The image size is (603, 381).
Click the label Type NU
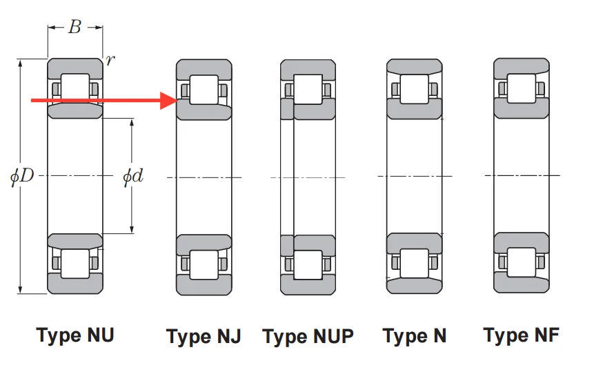pyautogui.click(x=75, y=335)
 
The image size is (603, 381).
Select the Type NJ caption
pyautogui.click(x=204, y=337)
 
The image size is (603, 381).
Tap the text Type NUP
pyautogui.click(x=308, y=337)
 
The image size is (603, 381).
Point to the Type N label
pyautogui.click(x=415, y=336)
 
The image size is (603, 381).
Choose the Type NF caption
pyautogui.click(x=521, y=335)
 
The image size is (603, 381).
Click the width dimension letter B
pyautogui.click(x=75, y=28)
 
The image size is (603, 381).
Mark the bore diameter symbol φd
pyautogui.click(x=132, y=176)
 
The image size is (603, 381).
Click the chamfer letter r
pyautogui.click(x=110, y=60)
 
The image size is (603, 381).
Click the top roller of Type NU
pyautogui.click(x=75, y=88)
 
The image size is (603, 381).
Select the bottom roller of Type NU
pyautogui.click(x=75, y=263)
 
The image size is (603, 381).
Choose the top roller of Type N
pyautogui.click(x=414, y=87)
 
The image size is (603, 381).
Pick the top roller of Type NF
pyautogui.click(x=522, y=88)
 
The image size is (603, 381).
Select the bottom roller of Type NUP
pyautogui.click(x=308, y=264)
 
